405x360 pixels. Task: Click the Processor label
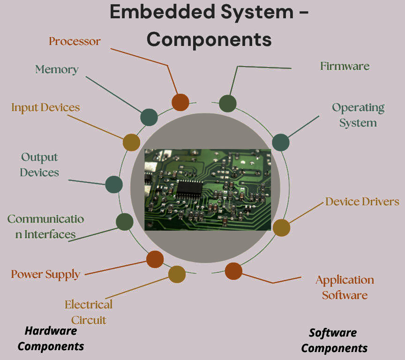pos(75,41)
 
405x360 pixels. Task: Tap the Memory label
pos(57,69)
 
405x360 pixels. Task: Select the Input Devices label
pos(45,107)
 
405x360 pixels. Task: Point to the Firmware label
pos(345,66)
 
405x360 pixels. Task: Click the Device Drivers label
pos(362,202)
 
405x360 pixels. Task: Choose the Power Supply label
pos(45,274)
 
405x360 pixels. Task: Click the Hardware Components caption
pos(51,338)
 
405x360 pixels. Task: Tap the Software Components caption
pos(334,340)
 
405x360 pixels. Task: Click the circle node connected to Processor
pos(180,102)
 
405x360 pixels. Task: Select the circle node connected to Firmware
pos(228,103)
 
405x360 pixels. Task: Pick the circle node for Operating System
pos(280,142)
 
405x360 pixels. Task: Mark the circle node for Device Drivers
pos(281,227)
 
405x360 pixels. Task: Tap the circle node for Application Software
pos(233,271)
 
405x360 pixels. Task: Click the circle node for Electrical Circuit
pos(177,274)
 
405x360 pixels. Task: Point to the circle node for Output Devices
pos(114,184)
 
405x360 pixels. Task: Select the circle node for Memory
pos(149,117)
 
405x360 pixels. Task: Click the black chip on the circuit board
pos(189,188)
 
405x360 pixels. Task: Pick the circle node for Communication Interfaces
pos(125,222)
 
